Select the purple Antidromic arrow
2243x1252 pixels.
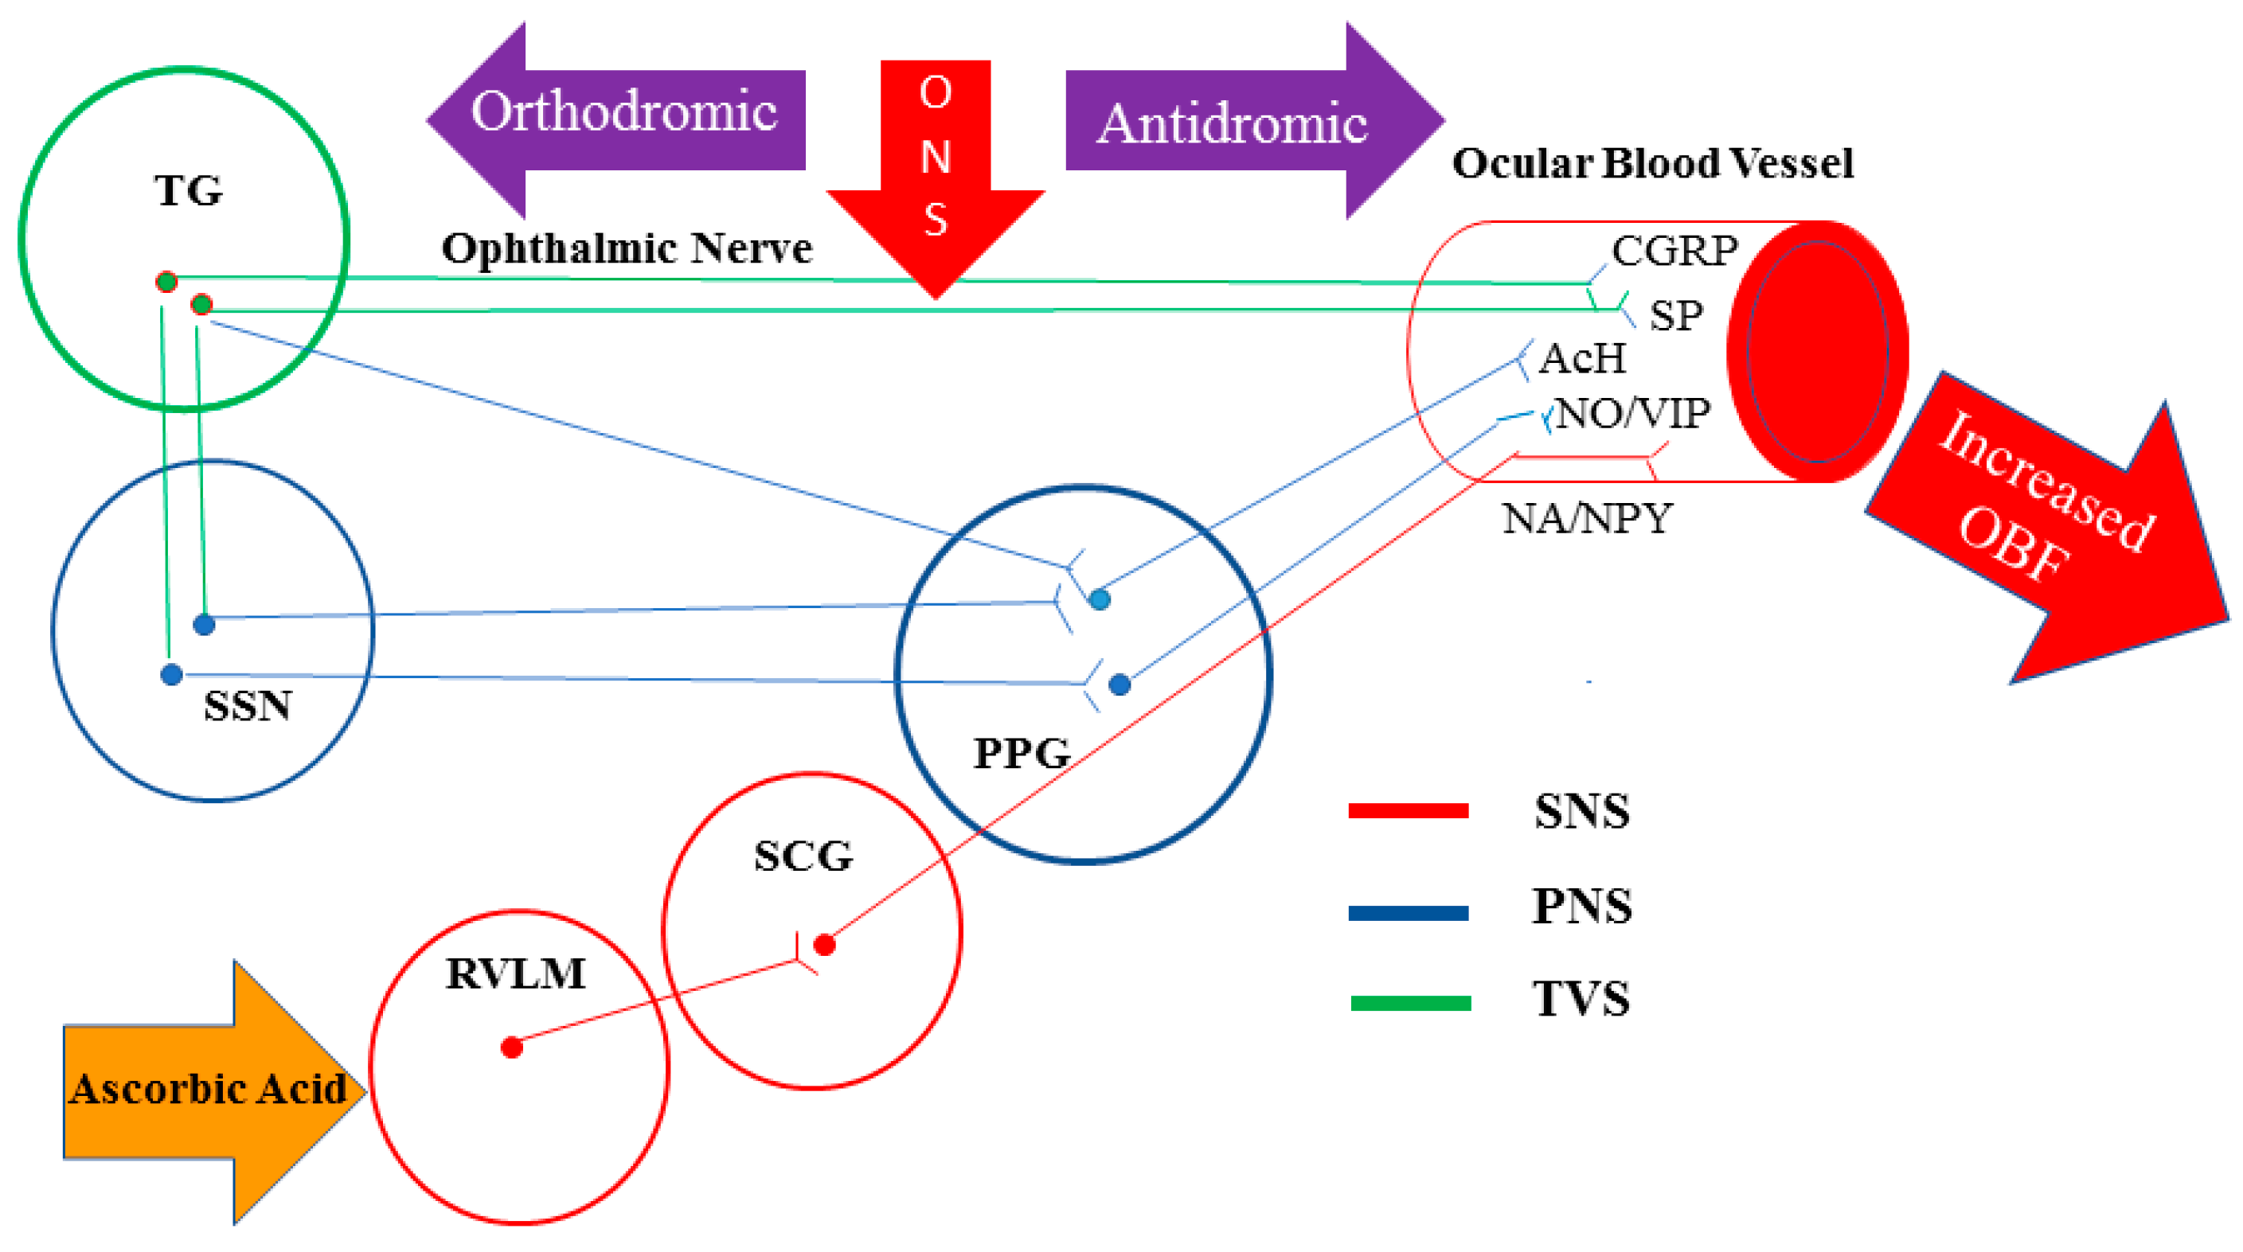click(1237, 122)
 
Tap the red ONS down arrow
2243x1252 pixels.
click(936, 166)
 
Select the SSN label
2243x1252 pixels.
click(248, 705)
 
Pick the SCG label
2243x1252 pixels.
click(803, 856)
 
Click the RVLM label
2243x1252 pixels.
click(515, 973)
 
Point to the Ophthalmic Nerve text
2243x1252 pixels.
click(627, 249)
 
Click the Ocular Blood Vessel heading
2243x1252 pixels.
click(1651, 164)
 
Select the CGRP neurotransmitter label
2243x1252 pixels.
click(1674, 252)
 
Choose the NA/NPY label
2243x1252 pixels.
click(1586, 519)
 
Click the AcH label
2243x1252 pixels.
click(1582, 359)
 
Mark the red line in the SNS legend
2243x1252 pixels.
click(1408, 810)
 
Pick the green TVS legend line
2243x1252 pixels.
click(1411, 1003)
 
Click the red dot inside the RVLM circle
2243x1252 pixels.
click(512, 1047)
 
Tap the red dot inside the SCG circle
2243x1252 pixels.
click(825, 945)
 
